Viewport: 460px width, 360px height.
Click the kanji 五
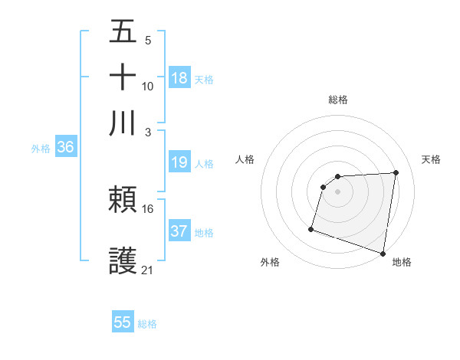coord(123,31)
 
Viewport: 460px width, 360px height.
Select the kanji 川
coord(123,123)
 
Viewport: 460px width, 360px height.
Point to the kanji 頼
coord(123,201)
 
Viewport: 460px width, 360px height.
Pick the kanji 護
coord(123,261)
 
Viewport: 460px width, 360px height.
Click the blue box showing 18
coord(179,77)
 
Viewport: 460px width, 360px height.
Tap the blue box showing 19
coord(179,162)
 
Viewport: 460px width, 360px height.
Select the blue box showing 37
coord(179,231)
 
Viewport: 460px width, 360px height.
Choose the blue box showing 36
coord(65,148)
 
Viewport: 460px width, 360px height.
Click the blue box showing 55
coord(123,322)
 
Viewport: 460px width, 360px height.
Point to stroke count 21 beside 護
coord(148,270)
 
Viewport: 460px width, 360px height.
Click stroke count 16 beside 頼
coord(148,208)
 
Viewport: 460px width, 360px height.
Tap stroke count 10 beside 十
coord(148,86)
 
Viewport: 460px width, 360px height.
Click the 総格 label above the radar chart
coord(338,100)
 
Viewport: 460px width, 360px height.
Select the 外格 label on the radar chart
coord(270,262)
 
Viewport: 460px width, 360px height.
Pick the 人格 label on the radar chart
coord(245,159)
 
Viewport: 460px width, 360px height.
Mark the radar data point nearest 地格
coord(383,253)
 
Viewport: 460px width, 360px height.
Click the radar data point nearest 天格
coord(396,173)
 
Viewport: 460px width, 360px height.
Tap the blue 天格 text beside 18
coord(204,79)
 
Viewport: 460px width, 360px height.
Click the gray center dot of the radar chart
coord(338,191)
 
